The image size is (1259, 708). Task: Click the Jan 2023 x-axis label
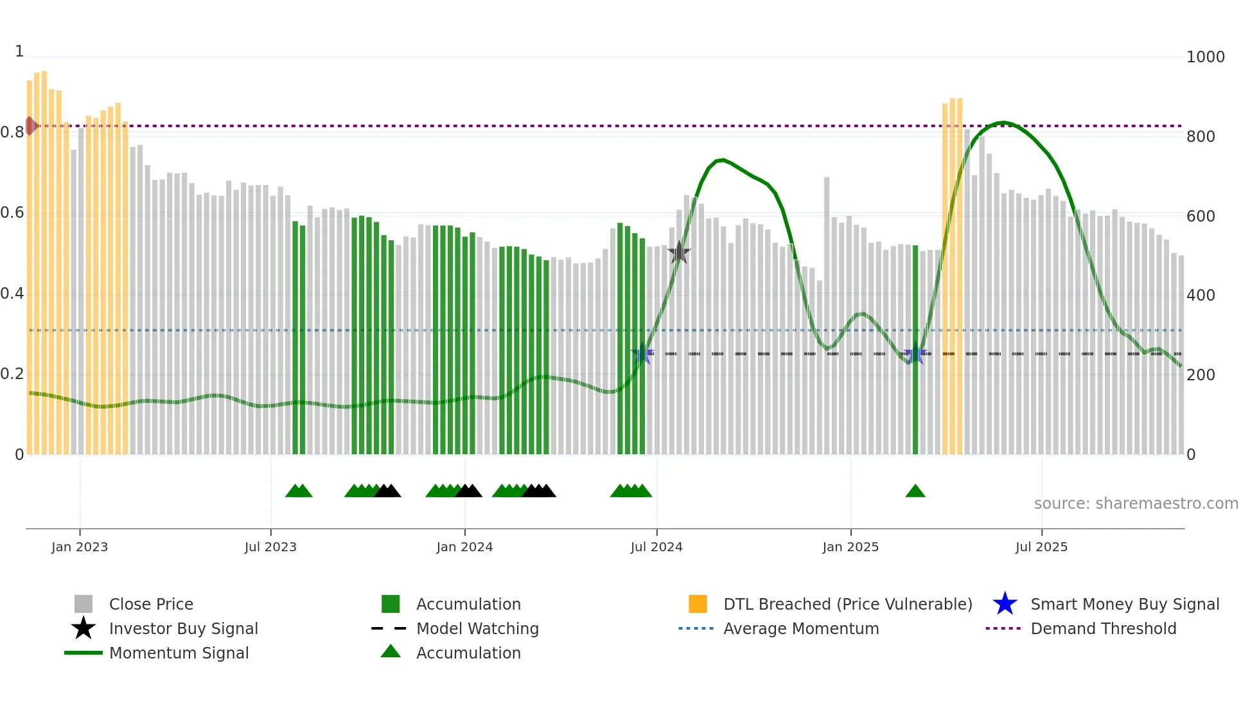click(80, 547)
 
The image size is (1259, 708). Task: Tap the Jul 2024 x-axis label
click(656, 547)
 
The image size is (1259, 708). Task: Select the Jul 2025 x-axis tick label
click(1041, 547)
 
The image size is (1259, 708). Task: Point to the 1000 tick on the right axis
click(1205, 57)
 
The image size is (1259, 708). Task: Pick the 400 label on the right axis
click(1201, 296)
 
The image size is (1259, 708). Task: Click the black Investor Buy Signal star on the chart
click(679, 252)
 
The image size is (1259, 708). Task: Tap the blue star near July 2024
click(642, 353)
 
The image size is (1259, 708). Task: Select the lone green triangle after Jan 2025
click(915, 491)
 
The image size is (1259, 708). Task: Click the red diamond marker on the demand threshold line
click(30, 126)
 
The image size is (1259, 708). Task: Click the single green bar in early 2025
click(915, 350)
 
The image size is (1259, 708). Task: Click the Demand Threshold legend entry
click(1103, 628)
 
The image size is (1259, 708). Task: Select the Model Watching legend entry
click(477, 628)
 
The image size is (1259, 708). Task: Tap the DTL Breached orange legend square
click(698, 604)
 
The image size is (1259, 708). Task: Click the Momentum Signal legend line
click(84, 653)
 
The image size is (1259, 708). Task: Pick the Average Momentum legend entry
click(800, 628)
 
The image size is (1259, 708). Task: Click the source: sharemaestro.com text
click(1136, 504)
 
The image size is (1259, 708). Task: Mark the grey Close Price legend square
click(84, 604)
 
